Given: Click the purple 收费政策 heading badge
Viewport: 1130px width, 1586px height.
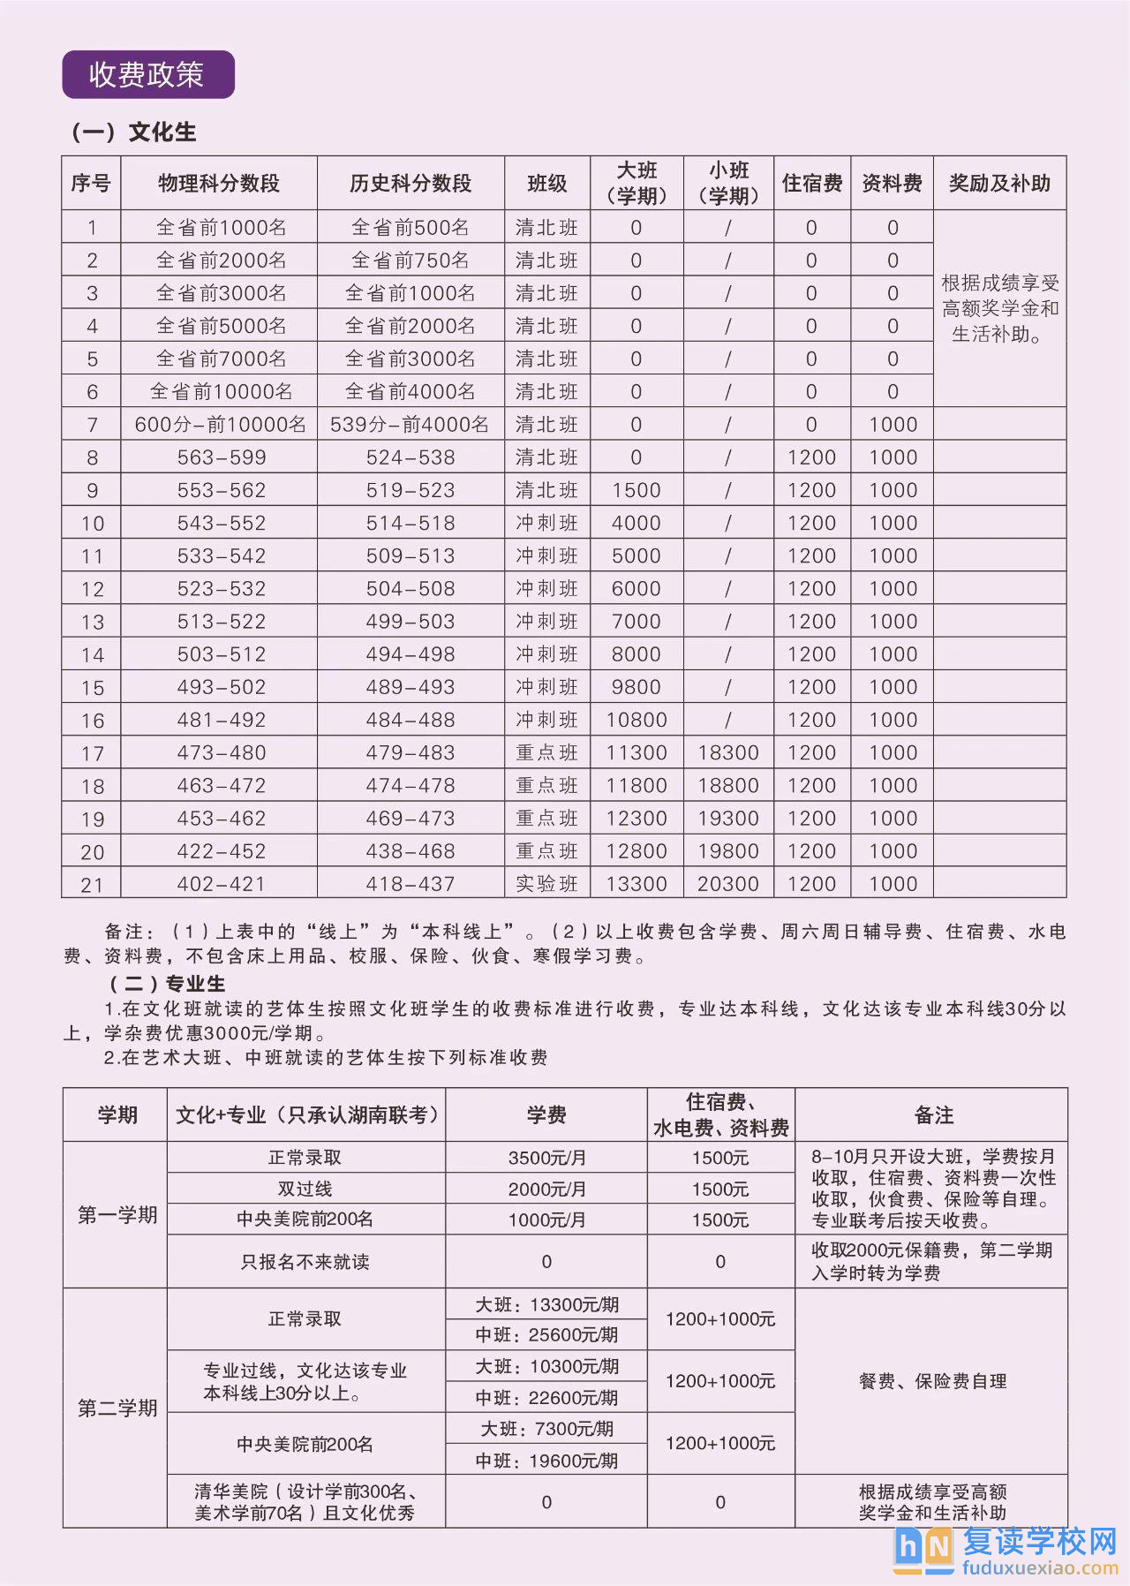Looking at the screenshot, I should [147, 75].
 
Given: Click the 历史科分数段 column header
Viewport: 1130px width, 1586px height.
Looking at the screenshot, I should [411, 184].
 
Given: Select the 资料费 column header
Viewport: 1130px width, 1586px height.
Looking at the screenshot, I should [892, 184].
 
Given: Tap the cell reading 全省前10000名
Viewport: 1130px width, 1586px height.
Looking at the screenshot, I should [221, 392].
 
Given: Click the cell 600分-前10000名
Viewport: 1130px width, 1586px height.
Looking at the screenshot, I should [220, 425].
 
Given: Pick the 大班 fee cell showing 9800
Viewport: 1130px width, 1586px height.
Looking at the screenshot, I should [636, 687].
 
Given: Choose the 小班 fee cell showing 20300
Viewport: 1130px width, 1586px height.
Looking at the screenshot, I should [727, 884].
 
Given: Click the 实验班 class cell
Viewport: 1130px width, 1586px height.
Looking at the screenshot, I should [546, 884].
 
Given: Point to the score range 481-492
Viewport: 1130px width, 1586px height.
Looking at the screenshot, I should [221, 720].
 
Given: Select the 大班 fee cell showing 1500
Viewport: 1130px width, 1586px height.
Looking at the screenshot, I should [636, 490].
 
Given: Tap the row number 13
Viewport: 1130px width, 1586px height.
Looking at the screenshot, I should [92, 622].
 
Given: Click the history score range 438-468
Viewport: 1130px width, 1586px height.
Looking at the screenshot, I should [411, 851].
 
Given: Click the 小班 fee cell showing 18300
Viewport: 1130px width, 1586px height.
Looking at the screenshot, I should [727, 752].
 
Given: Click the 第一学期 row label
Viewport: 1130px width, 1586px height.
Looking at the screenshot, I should [117, 1215].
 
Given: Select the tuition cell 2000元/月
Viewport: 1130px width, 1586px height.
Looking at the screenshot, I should [546, 1189].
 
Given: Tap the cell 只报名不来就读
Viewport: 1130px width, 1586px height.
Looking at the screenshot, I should [305, 1262].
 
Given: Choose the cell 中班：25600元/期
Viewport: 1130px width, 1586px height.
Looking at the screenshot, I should [546, 1334].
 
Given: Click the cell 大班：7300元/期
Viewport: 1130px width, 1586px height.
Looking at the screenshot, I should [546, 1429].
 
